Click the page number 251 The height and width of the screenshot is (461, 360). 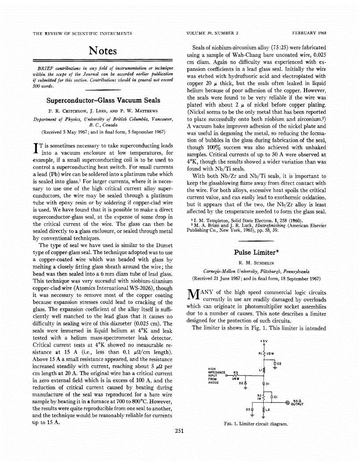(179, 443)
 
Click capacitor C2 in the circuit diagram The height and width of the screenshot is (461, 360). (275, 364)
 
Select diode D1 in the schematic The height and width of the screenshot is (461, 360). (264, 384)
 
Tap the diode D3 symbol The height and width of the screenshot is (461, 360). (252, 409)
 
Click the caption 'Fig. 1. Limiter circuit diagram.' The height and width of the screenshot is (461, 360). (256, 424)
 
